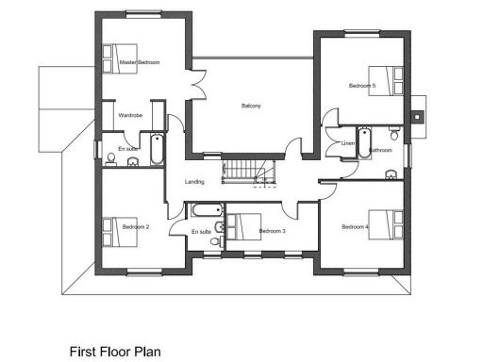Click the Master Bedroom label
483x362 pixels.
click(140, 62)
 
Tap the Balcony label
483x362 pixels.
click(252, 106)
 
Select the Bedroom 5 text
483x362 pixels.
click(362, 86)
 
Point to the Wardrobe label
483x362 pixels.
click(130, 115)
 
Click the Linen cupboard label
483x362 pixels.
click(347, 142)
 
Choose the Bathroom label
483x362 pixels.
click(380, 150)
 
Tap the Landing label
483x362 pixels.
click(195, 181)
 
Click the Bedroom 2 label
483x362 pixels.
click(136, 226)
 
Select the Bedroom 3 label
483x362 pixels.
click(273, 231)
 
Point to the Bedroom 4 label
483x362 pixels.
click(355, 226)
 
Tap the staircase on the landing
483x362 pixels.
click(246, 173)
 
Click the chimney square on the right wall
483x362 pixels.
click(417, 118)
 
